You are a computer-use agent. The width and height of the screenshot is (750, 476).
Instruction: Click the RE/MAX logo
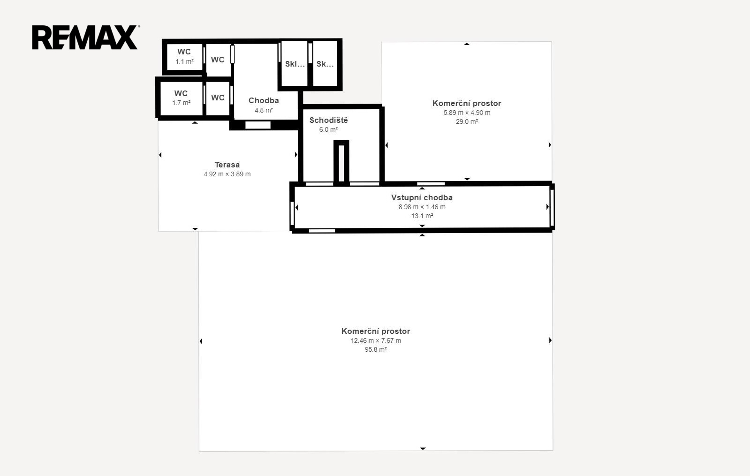coord(86,38)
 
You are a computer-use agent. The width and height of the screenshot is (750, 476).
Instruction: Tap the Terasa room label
coord(227,165)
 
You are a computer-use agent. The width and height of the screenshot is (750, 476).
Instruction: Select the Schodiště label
coord(328,120)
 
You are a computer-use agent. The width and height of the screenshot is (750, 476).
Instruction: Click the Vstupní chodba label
coord(422,197)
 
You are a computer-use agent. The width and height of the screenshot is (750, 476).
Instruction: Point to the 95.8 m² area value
coord(376,349)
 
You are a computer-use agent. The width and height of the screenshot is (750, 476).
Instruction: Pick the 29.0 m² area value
coord(467,121)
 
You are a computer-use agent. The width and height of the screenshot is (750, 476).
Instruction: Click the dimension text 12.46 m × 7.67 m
coord(376,340)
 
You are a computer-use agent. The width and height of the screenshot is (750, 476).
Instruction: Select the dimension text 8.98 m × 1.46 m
coord(422,207)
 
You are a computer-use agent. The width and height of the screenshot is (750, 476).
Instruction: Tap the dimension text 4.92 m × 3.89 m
coord(227,174)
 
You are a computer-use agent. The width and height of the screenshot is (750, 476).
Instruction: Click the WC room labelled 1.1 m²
coord(184,57)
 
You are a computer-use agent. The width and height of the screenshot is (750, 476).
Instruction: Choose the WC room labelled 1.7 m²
coord(181,98)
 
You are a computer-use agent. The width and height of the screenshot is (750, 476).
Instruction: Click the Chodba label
coord(264,100)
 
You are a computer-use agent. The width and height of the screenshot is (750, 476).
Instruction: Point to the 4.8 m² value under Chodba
coord(264,110)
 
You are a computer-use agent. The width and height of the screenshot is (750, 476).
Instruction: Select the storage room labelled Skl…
coord(294,64)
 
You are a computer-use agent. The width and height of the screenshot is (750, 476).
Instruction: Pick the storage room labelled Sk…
coord(325,64)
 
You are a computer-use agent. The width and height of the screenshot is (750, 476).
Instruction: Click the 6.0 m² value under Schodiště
coord(328,129)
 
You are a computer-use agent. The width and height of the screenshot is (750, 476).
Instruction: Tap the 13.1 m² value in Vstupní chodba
coord(422,216)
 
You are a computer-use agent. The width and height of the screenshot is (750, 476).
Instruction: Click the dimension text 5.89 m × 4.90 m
coord(467,113)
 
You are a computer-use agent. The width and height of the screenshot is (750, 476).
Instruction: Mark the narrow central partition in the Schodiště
coord(341,162)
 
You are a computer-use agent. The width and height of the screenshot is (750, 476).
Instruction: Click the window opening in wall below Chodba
coord(258,125)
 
